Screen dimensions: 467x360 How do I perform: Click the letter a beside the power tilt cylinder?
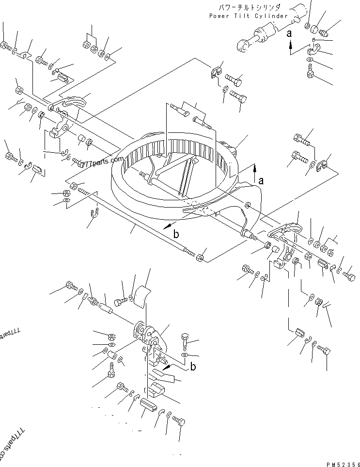[x=290, y=33]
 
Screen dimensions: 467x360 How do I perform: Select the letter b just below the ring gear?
[x=176, y=234]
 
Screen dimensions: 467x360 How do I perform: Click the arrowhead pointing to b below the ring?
[x=166, y=226]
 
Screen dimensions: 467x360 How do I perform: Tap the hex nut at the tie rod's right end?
[x=200, y=256]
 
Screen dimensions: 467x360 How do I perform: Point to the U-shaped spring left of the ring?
[x=95, y=211]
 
